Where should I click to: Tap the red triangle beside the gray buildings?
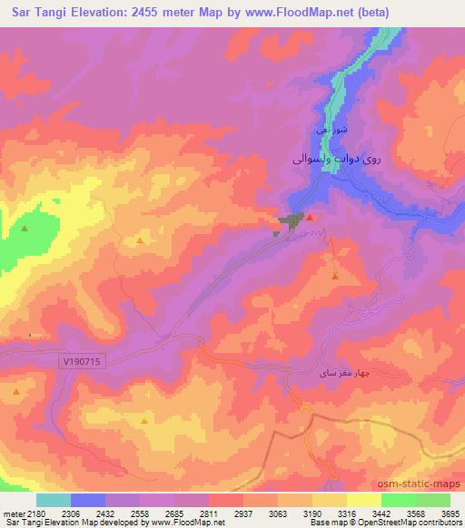click(x=310, y=218)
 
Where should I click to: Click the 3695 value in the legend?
click(x=450, y=513)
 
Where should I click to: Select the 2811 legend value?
click(x=208, y=513)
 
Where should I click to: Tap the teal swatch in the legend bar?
click(x=54, y=500)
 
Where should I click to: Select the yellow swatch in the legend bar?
click(x=363, y=500)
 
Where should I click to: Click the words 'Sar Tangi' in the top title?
click(x=34, y=12)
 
